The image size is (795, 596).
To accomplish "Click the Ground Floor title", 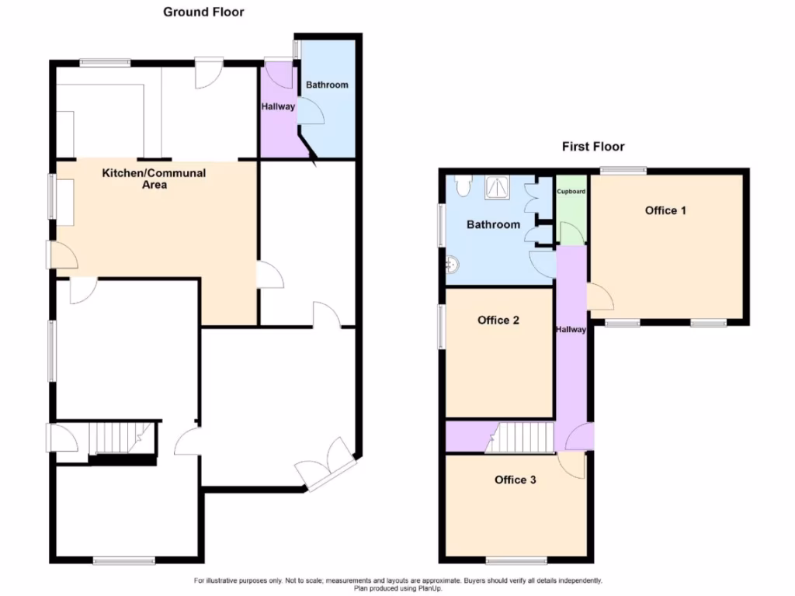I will pyautogui.click(x=203, y=12).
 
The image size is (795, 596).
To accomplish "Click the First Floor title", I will pyautogui.click(x=593, y=146).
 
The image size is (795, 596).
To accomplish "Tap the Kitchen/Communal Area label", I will pyautogui.click(x=154, y=178).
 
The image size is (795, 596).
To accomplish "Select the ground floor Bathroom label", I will pyautogui.click(x=327, y=85).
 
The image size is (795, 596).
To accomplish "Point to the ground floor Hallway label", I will pyautogui.click(x=278, y=107).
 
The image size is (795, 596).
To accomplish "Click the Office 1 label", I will pyautogui.click(x=665, y=210).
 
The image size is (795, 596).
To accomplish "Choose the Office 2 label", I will pyautogui.click(x=498, y=321).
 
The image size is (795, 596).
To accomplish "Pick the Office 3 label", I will pyautogui.click(x=515, y=480).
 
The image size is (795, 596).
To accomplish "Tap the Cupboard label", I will pyautogui.click(x=572, y=191).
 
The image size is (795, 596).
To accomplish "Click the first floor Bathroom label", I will pyautogui.click(x=493, y=224).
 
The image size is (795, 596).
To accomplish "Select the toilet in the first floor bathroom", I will pyautogui.click(x=463, y=185).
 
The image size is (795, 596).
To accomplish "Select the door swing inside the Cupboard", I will pyautogui.click(x=571, y=232).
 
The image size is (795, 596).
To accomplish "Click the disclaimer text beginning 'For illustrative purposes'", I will pyautogui.click(x=397, y=580).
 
